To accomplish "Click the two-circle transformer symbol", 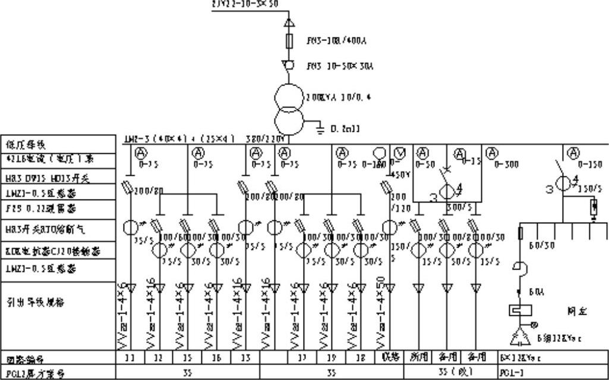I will (288, 104).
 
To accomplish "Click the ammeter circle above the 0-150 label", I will (573, 153).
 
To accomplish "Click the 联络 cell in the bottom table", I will (389, 357).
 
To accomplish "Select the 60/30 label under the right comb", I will (538, 245).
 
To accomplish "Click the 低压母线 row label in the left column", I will (24, 144).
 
